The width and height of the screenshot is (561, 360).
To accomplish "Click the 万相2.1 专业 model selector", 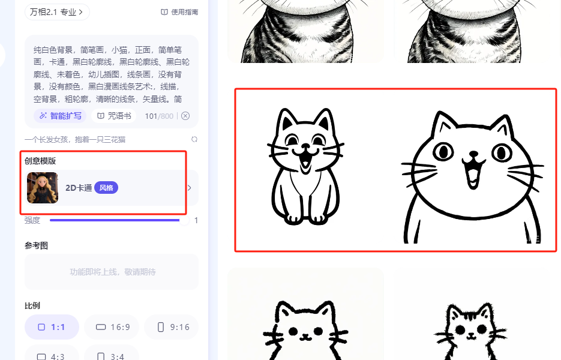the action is point(57,12).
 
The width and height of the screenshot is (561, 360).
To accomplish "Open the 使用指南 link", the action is point(179,12).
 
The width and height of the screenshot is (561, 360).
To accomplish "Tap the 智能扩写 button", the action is point(60,116).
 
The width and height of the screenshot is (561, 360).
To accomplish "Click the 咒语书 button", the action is point(114,116).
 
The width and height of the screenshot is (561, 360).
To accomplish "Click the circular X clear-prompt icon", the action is point(185,116).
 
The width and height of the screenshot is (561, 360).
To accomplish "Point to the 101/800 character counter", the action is point(159,116).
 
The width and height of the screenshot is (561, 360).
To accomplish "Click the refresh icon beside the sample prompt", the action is point(194,139).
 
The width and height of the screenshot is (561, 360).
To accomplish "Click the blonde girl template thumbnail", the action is point(43,188).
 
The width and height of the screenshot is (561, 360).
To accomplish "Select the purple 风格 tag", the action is point(106,188).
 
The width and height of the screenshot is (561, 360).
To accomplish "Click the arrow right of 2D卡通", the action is point(189,188).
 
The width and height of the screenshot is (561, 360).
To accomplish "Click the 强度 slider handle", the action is point(184,220).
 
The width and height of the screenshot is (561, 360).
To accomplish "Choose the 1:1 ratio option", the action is point(52,327).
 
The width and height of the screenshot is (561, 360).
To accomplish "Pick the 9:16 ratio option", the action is point(172,327).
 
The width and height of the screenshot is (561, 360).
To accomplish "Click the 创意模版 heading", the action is point(40,161).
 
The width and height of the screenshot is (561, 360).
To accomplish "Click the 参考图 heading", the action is point(36,246).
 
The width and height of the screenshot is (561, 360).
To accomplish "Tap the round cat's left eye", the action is point(443,152).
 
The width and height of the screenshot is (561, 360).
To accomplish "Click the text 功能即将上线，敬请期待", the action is point(113,272).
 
